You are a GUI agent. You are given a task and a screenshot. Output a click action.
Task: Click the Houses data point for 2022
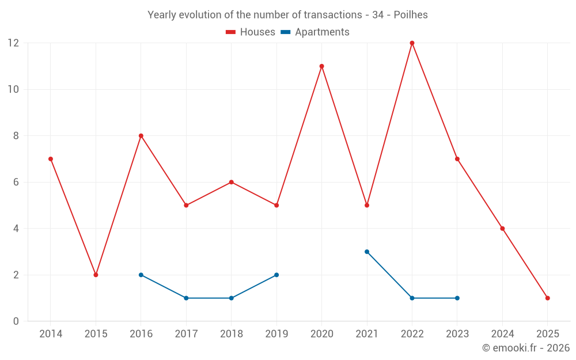click(412, 43)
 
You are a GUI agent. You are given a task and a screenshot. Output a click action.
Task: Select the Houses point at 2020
click(321, 66)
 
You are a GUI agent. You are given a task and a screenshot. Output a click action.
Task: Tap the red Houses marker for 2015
click(96, 275)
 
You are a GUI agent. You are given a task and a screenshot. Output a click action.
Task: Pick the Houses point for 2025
click(547, 298)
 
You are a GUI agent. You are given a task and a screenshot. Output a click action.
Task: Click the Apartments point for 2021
click(367, 252)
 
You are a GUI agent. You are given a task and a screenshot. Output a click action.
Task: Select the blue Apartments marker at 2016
click(141, 275)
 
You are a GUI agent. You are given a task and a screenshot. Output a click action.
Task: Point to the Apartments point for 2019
click(276, 275)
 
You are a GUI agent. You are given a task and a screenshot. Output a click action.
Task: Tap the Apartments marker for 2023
click(457, 298)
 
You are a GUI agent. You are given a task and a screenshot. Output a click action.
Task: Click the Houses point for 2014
click(51, 159)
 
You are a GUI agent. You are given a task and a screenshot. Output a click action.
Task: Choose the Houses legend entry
click(251, 32)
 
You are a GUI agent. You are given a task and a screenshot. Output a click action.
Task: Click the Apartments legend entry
click(315, 32)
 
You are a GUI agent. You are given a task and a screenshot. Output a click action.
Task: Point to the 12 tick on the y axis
click(13, 43)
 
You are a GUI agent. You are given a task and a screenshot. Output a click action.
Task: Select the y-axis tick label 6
click(16, 182)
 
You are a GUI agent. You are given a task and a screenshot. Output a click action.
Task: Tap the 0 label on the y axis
click(16, 321)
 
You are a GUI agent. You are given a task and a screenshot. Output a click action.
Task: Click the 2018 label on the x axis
click(231, 334)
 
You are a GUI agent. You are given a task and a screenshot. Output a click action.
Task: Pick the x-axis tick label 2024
click(502, 334)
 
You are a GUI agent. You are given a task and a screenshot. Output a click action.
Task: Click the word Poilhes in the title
click(411, 15)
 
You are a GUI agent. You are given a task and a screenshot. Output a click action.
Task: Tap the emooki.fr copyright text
click(526, 348)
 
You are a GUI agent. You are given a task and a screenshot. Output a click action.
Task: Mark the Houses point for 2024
click(502, 229)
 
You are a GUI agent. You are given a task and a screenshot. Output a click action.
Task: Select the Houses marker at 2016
click(141, 136)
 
